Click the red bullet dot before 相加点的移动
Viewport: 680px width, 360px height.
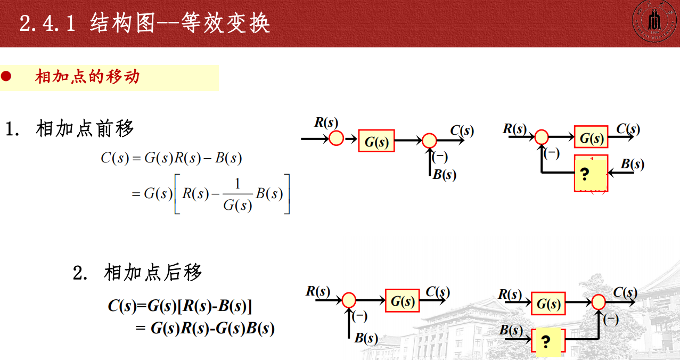click(x=6, y=77)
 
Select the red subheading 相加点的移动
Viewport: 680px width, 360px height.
click(x=87, y=77)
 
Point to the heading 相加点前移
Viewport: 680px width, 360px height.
click(x=85, y=128)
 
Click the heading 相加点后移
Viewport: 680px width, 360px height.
click(x=153, y=273)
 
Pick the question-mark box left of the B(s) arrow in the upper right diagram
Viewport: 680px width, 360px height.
click(x=591, y=174)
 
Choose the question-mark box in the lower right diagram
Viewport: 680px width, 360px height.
click(x=547, y=341)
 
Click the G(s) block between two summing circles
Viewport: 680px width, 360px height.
click(x=376, y=141)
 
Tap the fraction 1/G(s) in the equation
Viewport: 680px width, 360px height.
click(x=237, y=194)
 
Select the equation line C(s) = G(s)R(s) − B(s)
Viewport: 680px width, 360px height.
click(x=171, y=158)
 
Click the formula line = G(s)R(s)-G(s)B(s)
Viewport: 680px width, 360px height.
click(x=206, y=328)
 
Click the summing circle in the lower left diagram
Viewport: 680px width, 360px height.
click(x=348, y=300)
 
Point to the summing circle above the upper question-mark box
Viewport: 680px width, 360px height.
click(x=541, y=137)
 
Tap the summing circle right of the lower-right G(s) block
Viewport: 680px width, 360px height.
click(x=599, y=302)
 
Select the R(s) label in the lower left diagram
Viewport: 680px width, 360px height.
click(x=318, y=291)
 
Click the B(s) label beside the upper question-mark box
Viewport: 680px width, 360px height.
click(x=632, y=165)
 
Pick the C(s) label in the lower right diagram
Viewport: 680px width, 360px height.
click(x=625, y=292)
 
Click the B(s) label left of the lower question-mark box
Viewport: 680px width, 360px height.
click(x=511, y=330)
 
